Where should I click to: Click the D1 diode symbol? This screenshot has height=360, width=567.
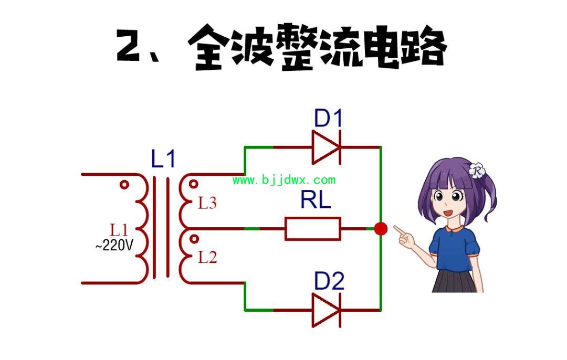[x=327, y=147]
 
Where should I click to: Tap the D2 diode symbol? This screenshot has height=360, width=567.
[x=327, y=310]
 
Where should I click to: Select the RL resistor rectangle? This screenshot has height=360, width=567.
[x=313, y=228]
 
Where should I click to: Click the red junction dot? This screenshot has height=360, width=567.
[x=381, y=228]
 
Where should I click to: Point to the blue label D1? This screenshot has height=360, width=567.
[x=328, y=118]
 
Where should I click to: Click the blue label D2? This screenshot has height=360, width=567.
[x=329, y=281]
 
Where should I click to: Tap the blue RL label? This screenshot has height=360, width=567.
[x=316, y=200]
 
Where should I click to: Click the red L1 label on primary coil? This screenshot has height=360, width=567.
[x=119, y=230]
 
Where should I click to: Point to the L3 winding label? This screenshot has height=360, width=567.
[x=207, y=203]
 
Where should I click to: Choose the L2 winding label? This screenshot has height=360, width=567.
[x=207, y=257]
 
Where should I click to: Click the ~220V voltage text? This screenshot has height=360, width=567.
[x=114, y=245]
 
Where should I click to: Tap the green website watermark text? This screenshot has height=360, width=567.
[x=284, y=179]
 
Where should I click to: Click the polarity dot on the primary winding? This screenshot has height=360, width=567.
[x=124, y=185]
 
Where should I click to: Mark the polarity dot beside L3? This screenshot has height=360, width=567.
[x=194, y=184]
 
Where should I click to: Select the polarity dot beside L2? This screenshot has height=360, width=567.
[x=194, y=239]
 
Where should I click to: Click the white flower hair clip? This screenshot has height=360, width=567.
[x=477, y=171]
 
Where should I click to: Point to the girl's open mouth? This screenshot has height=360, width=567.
[x=448, y=213]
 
